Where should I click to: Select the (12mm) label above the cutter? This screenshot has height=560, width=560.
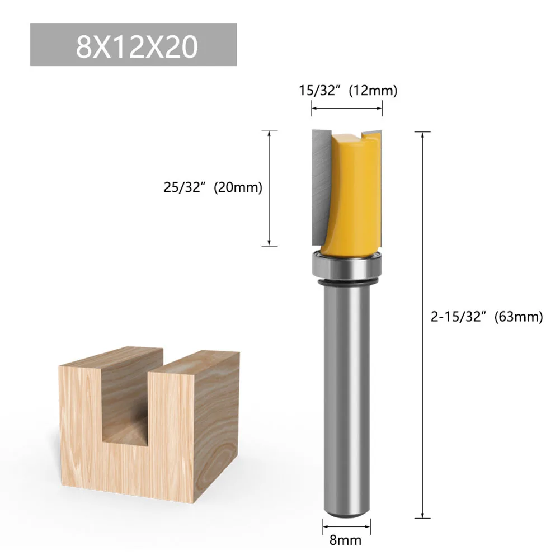point(373,91)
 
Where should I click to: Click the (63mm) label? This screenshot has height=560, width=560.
point(519,317)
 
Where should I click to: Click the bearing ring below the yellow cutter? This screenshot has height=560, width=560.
point(347,267)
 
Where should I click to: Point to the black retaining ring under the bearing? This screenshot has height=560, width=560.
point(347,285)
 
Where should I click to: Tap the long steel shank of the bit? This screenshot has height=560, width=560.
point(347,392)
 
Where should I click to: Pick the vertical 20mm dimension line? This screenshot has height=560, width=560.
point(270,168)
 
